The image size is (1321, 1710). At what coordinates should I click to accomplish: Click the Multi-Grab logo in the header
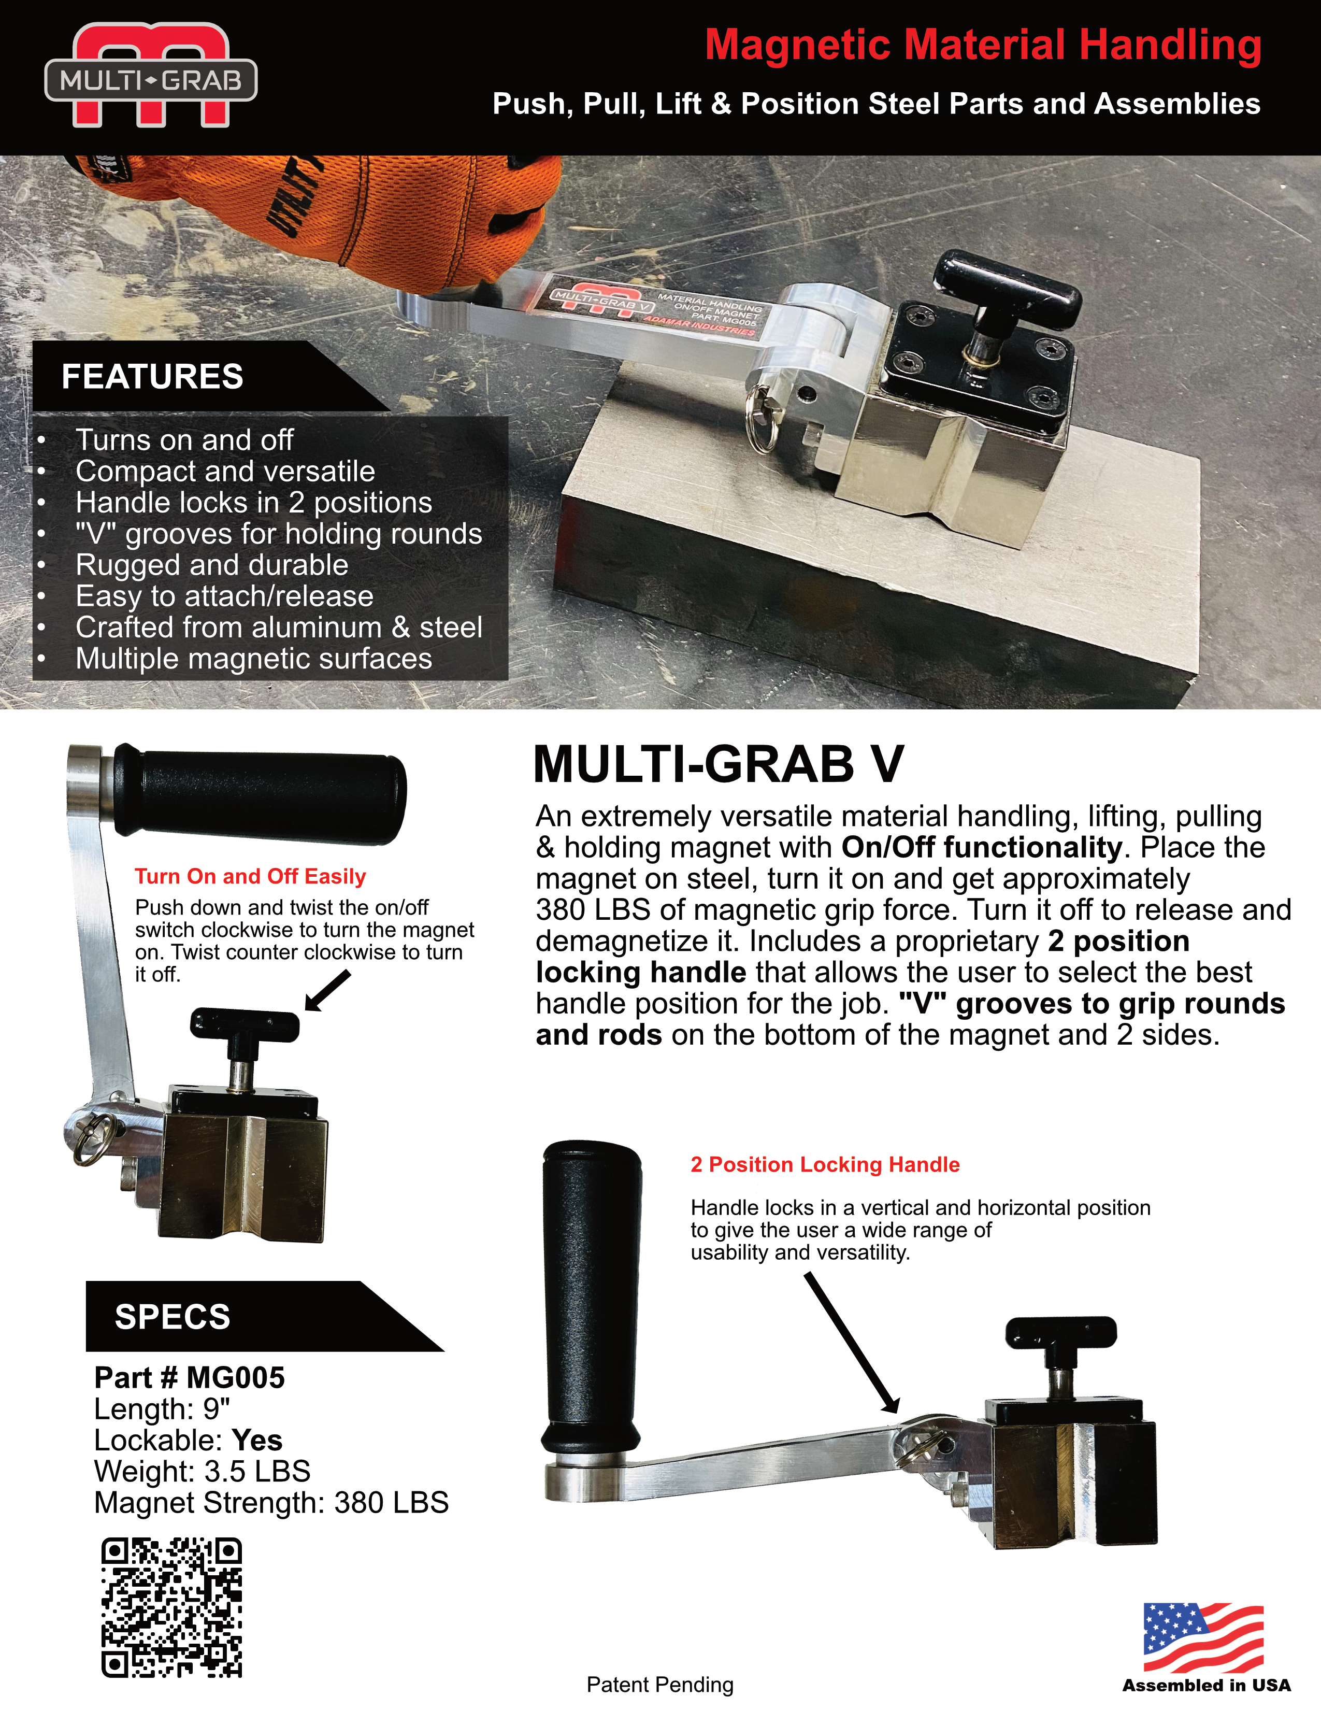click(x=150, y=76)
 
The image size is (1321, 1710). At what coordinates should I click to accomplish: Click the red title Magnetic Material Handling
click(x=982, y=45)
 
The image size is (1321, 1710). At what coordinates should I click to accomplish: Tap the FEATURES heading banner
click(x=153, y=377)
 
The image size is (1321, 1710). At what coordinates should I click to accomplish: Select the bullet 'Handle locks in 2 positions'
click(x=253, y=503)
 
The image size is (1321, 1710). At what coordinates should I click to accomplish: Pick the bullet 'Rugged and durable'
click(x=211, y=565)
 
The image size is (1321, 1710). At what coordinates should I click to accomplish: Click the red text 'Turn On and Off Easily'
click(x=250, y=876)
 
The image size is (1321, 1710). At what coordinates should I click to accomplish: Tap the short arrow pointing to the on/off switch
click(x=327, y=991)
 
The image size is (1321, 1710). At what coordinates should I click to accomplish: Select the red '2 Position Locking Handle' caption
click(x=825, y=1164)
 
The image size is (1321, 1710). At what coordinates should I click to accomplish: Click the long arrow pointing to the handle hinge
click(x=852, y=1341)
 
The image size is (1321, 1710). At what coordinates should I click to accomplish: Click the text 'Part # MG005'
click(x=190, y=1378)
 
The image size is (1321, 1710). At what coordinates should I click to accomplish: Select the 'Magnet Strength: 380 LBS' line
click(x=271, y=1503)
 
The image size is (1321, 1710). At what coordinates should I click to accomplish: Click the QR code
click(x=171, y=1607)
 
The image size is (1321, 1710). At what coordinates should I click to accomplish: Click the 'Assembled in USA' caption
click(x=1206, y=1685)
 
